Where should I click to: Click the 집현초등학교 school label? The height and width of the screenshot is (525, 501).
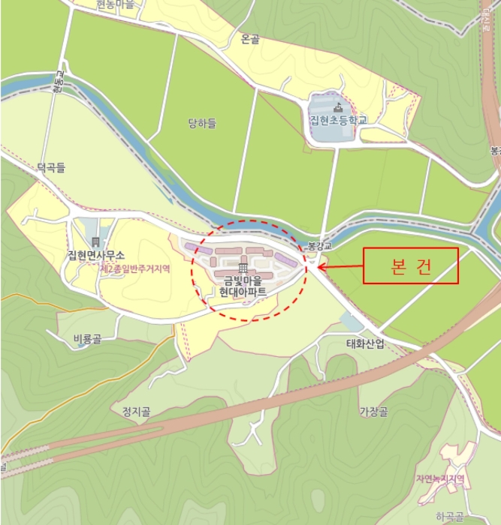tap(339, 120)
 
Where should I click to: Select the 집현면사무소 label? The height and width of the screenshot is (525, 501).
tap(95, 256)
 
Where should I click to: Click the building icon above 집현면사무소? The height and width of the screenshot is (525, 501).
tap(95, 241)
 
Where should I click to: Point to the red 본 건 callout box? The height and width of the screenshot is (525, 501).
tap(410, 266)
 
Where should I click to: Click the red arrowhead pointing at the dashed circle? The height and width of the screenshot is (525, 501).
tap(321, 265)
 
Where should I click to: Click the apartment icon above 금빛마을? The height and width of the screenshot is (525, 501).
tap(243, 268)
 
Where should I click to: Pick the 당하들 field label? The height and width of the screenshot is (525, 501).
tap(202, 123)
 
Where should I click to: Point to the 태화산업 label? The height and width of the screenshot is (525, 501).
tap(365, 343)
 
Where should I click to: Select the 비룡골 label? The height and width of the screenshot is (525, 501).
tap(87, 339)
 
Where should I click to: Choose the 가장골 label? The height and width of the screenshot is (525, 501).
tap(373, 411)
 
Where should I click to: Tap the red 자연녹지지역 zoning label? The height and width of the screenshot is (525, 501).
tap(440, 478)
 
